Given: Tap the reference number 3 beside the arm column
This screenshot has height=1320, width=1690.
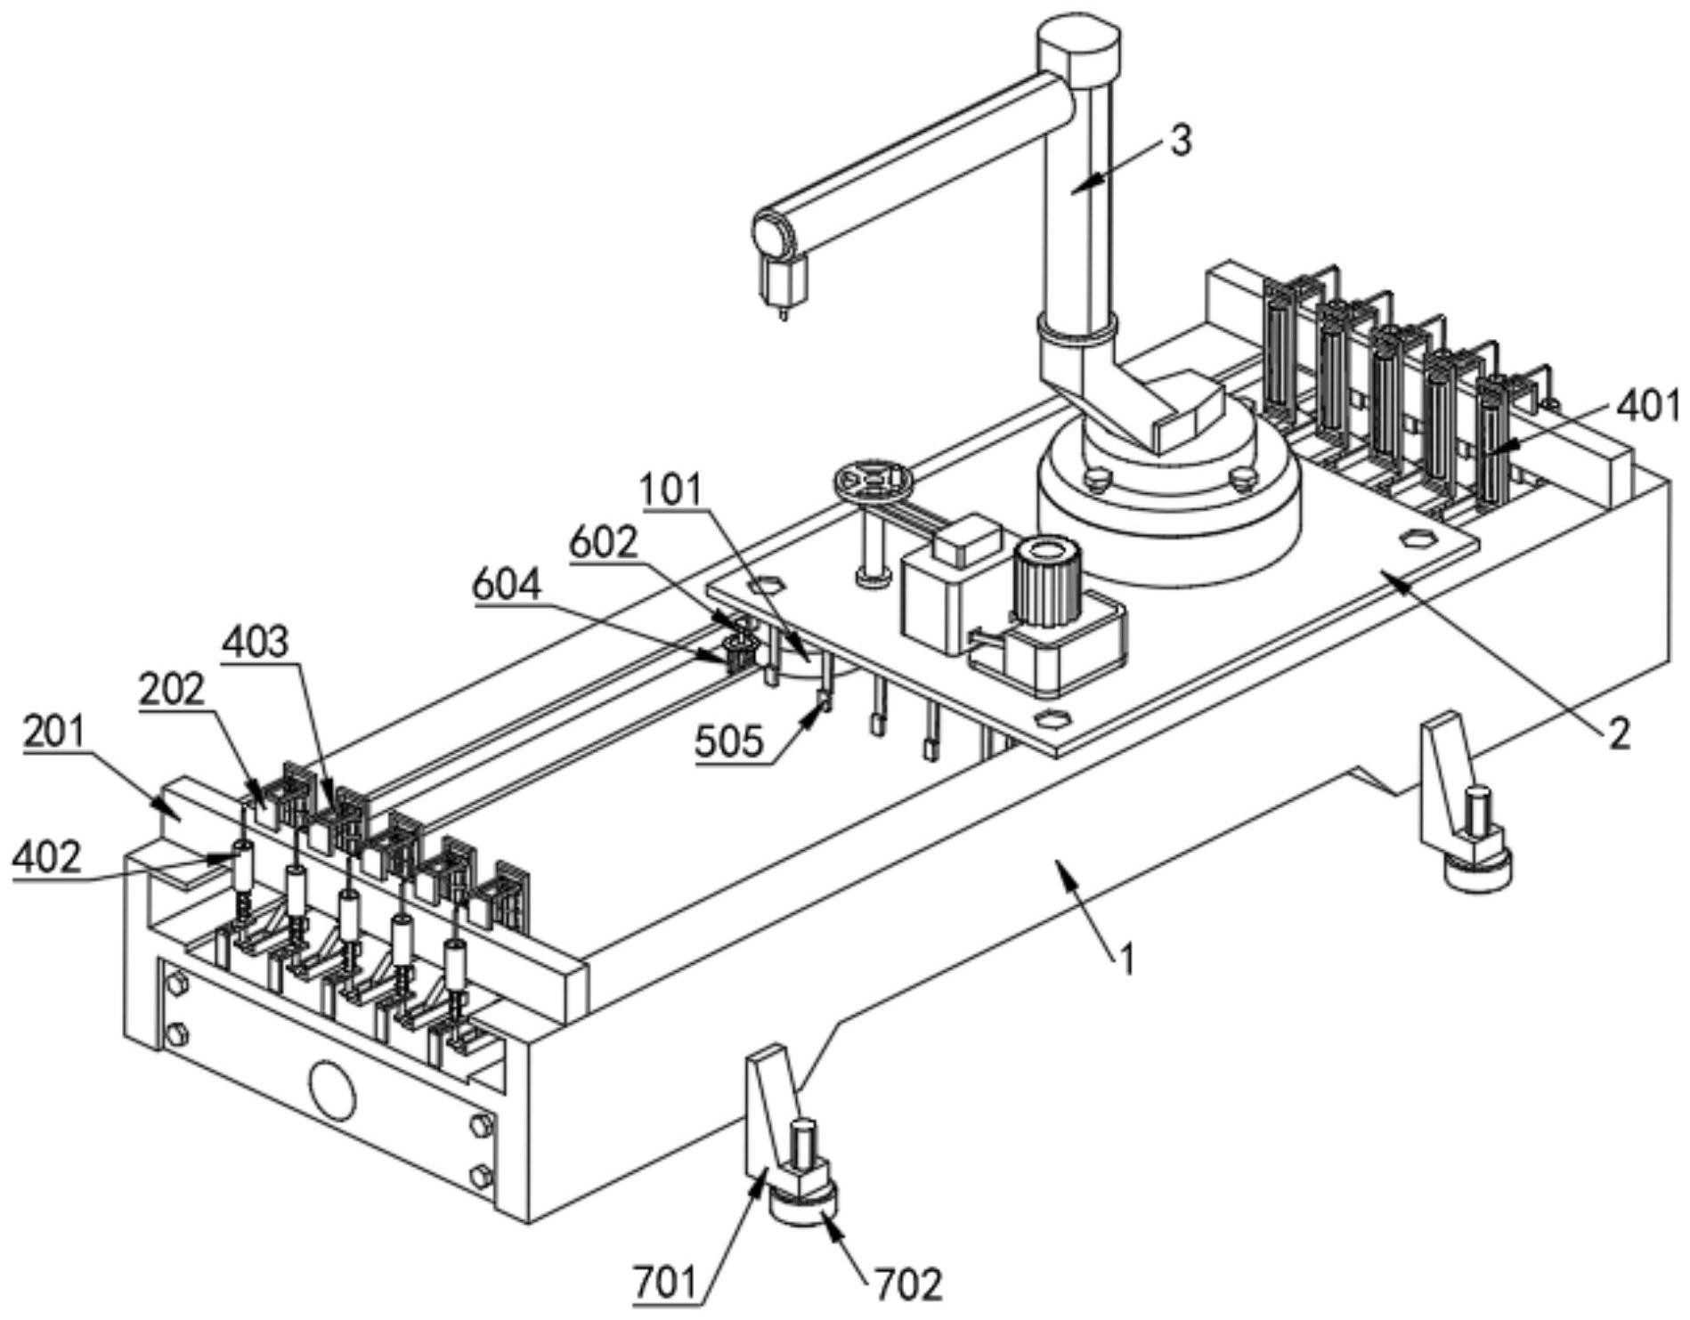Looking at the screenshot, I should click(1180, 142).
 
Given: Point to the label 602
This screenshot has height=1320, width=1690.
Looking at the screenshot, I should click(604, 543).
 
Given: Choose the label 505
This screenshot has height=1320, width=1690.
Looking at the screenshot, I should click(729, 741).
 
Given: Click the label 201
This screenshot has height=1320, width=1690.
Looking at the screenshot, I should click(53, 733).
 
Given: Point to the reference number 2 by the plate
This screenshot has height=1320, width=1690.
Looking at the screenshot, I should click(1618, 733).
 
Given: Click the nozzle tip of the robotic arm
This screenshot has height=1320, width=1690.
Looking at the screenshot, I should click(784, 313).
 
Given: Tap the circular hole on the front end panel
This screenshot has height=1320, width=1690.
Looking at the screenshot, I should click(333, 1090).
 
